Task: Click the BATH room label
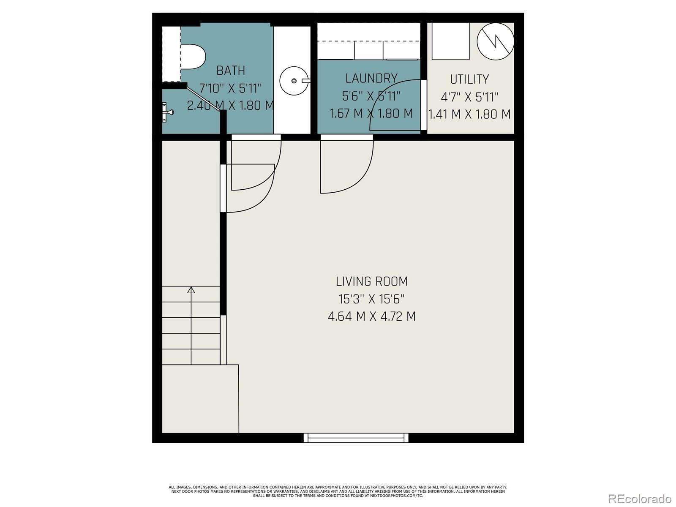pos(231,71)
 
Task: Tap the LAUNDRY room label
pos(371,79)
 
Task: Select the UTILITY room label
pos(469,79)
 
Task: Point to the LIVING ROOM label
pos(371,281)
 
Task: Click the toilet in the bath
pos(193,57)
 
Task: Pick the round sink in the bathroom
pos(294,81)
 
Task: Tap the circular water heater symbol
pos(495,41)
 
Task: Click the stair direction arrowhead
pos(191,290)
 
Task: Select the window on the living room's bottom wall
pos(356,437)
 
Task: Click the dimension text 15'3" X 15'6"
pos(371,299)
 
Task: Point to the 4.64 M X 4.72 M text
pos(371,316)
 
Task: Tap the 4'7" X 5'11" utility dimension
pos(469,97)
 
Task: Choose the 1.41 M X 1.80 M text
pos(469,114)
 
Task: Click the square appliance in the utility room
pos(450,41)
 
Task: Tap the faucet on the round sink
pos(306,81)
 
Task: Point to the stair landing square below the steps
pos(200,399)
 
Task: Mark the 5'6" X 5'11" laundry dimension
pos(371,96)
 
